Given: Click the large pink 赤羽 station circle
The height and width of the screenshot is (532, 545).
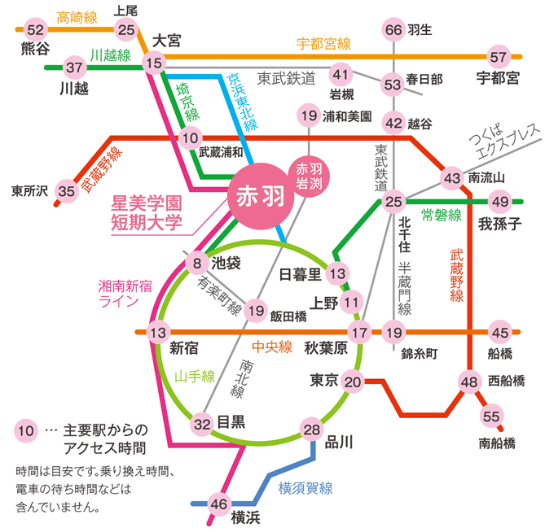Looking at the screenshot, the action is coord(261,196).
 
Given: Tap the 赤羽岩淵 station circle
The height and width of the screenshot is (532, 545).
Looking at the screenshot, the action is coord(309,177).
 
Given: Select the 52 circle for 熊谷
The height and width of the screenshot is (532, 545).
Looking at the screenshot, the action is coord(36,30).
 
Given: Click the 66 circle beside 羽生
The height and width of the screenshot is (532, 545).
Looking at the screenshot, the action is coord(393,30).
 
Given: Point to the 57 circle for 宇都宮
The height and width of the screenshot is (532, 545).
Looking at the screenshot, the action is coord(498,57).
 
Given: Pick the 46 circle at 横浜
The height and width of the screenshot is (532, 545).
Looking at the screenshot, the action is coord(218,504).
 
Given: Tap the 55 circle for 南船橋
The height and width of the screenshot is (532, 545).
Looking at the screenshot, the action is coord(491,416).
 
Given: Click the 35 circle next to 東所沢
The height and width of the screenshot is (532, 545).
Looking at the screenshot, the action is coord(66,191).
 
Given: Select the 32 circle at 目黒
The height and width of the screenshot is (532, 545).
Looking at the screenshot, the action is coord(202,424).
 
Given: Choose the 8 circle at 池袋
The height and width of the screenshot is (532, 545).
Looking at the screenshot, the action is coord(197,263).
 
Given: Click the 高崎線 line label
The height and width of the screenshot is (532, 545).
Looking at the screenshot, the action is coord(77,17).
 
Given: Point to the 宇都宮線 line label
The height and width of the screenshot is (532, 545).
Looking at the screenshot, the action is coord(323,44).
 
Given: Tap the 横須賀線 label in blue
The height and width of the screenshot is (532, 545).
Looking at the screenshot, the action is coord(305,488).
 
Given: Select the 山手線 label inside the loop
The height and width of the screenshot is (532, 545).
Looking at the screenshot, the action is coord(195,377).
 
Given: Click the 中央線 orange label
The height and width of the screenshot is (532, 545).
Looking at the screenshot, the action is coord(272,347).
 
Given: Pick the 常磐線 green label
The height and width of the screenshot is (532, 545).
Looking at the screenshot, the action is coord(442,216).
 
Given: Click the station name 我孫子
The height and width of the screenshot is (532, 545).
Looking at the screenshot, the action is coord(500,224).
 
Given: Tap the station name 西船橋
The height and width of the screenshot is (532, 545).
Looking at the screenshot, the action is coord(507,381).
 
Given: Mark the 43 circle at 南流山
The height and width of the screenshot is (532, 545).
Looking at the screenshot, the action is coord(452,178).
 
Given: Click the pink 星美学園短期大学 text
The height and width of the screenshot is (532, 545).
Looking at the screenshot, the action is coord(147,213).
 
